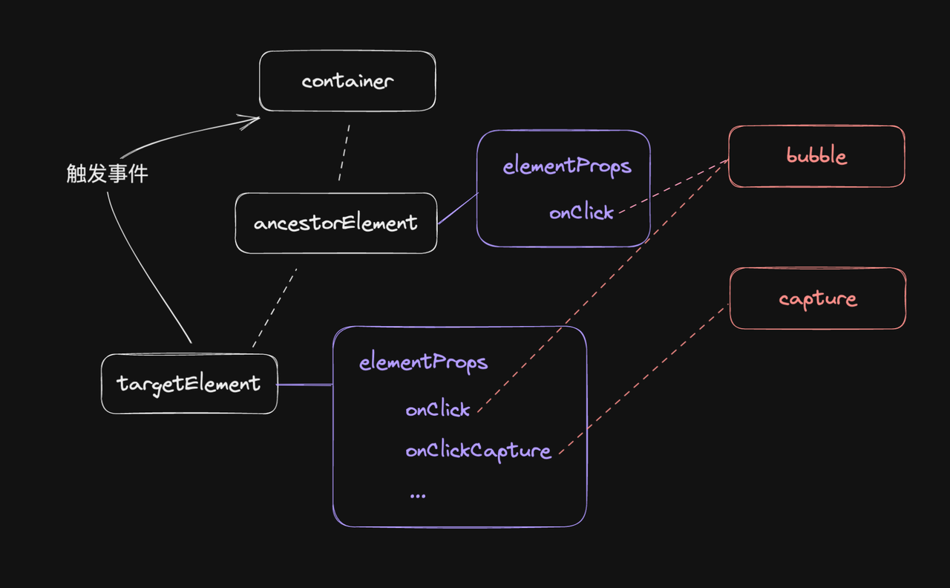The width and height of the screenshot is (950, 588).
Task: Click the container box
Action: click(x=347, y=81)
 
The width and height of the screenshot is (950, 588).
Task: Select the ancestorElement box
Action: click(x=335, y=223)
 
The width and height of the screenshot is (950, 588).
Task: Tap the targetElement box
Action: click(x=189, y=384)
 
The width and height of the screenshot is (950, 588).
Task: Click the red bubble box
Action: click(x=816, y=156)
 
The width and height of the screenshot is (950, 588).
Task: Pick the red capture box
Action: click(x=817, y=298)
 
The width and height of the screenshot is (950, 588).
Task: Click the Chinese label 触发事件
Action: click(x=107, y=174)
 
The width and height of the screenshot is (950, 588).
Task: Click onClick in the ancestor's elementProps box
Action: click(x=581, y=212)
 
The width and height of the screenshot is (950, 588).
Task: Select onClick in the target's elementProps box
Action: click(x=438, y=409)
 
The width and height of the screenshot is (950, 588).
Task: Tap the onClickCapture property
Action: click(x=478, y=451)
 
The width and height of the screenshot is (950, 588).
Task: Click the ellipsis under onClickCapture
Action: click(x=417, y=494)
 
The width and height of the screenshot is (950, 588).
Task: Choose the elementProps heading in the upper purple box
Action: click(x=567, y=166)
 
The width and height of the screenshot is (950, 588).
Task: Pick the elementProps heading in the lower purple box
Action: click(x=423, y=362)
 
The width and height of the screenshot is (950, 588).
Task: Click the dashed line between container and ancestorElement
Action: click(x=344, y=153)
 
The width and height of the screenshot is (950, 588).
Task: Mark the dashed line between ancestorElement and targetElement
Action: click(x=275, y=308)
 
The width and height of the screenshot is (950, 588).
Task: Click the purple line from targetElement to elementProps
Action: click(x=304, y=385)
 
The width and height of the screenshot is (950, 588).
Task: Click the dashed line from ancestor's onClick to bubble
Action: click(x=672, y=186)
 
